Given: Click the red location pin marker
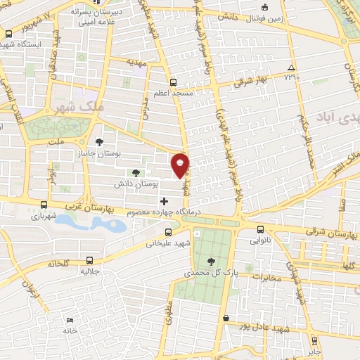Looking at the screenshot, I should [x=181, y=164].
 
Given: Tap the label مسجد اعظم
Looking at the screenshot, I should [x=172, y=93].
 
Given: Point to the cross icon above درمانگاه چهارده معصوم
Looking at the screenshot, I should [x=165, y=202].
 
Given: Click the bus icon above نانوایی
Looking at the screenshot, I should [x=261, y=229].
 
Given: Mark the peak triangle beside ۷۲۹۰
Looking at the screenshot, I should [x=291, y=68].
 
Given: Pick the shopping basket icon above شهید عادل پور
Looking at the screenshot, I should [x=226, y=318].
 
